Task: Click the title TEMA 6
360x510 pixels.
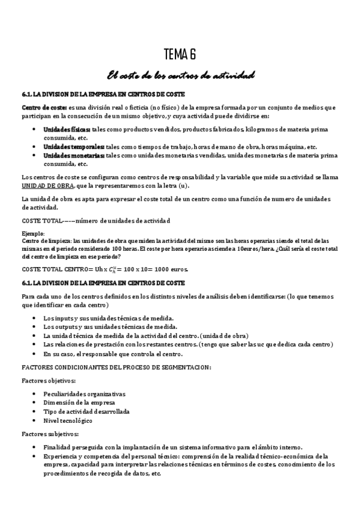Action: [180, 55]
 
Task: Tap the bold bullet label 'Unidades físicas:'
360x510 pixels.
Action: [66, 129]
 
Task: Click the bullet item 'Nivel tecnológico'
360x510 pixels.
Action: [67, 420]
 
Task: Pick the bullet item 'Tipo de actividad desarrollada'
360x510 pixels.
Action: [87, 411]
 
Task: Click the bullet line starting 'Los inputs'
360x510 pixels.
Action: [109, 318]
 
